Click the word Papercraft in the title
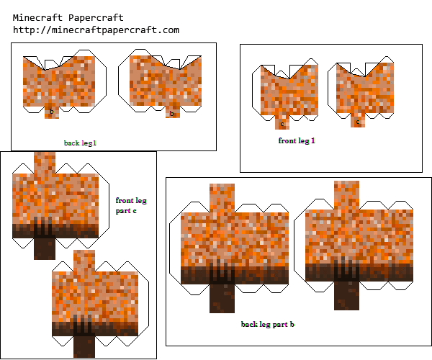[96, 18]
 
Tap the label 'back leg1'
[80, 143]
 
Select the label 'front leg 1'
[297, 140]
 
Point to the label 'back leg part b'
[268, 324]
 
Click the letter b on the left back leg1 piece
[52, 112]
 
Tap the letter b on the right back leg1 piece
[172, 113]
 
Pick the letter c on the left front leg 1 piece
[282, 125]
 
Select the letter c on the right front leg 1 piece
[358, 122]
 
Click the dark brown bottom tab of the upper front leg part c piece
[45, 248]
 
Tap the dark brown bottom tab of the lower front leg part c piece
[84, 347]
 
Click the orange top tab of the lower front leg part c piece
[84, 261]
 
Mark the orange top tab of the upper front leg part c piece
[45, 163]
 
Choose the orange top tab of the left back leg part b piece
[222, 198]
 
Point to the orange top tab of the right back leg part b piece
[346, 195]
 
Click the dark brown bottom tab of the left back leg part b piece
[222, 299]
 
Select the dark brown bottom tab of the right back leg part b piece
[346, 295]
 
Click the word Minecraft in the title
[37, 18]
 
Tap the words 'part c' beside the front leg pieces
[126, 211]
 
